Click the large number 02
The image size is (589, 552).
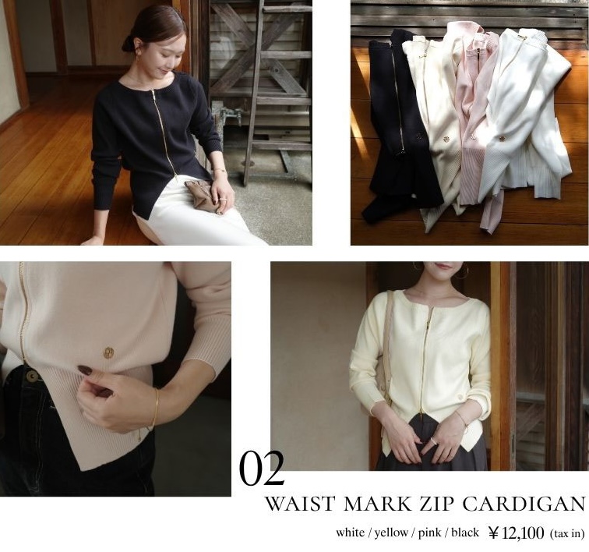coord(262,468)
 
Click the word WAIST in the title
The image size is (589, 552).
coord(300,504)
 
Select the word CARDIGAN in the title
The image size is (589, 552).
coord(524,504)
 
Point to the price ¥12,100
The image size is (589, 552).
coord(516,533)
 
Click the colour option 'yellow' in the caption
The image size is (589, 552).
coord(390,533)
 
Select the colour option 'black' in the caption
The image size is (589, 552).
coord(465,533)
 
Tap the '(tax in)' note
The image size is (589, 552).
coord(567,533)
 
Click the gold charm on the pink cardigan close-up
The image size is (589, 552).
coord(108,352)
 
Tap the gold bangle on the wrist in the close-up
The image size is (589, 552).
coord(153,410)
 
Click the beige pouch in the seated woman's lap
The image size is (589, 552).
coord(203,196)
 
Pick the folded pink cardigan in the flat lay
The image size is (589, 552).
coord(475,124)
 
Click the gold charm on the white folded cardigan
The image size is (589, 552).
coord(502,139)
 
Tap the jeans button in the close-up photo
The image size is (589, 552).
coord(32,375)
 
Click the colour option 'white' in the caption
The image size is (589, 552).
coord(350,533)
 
